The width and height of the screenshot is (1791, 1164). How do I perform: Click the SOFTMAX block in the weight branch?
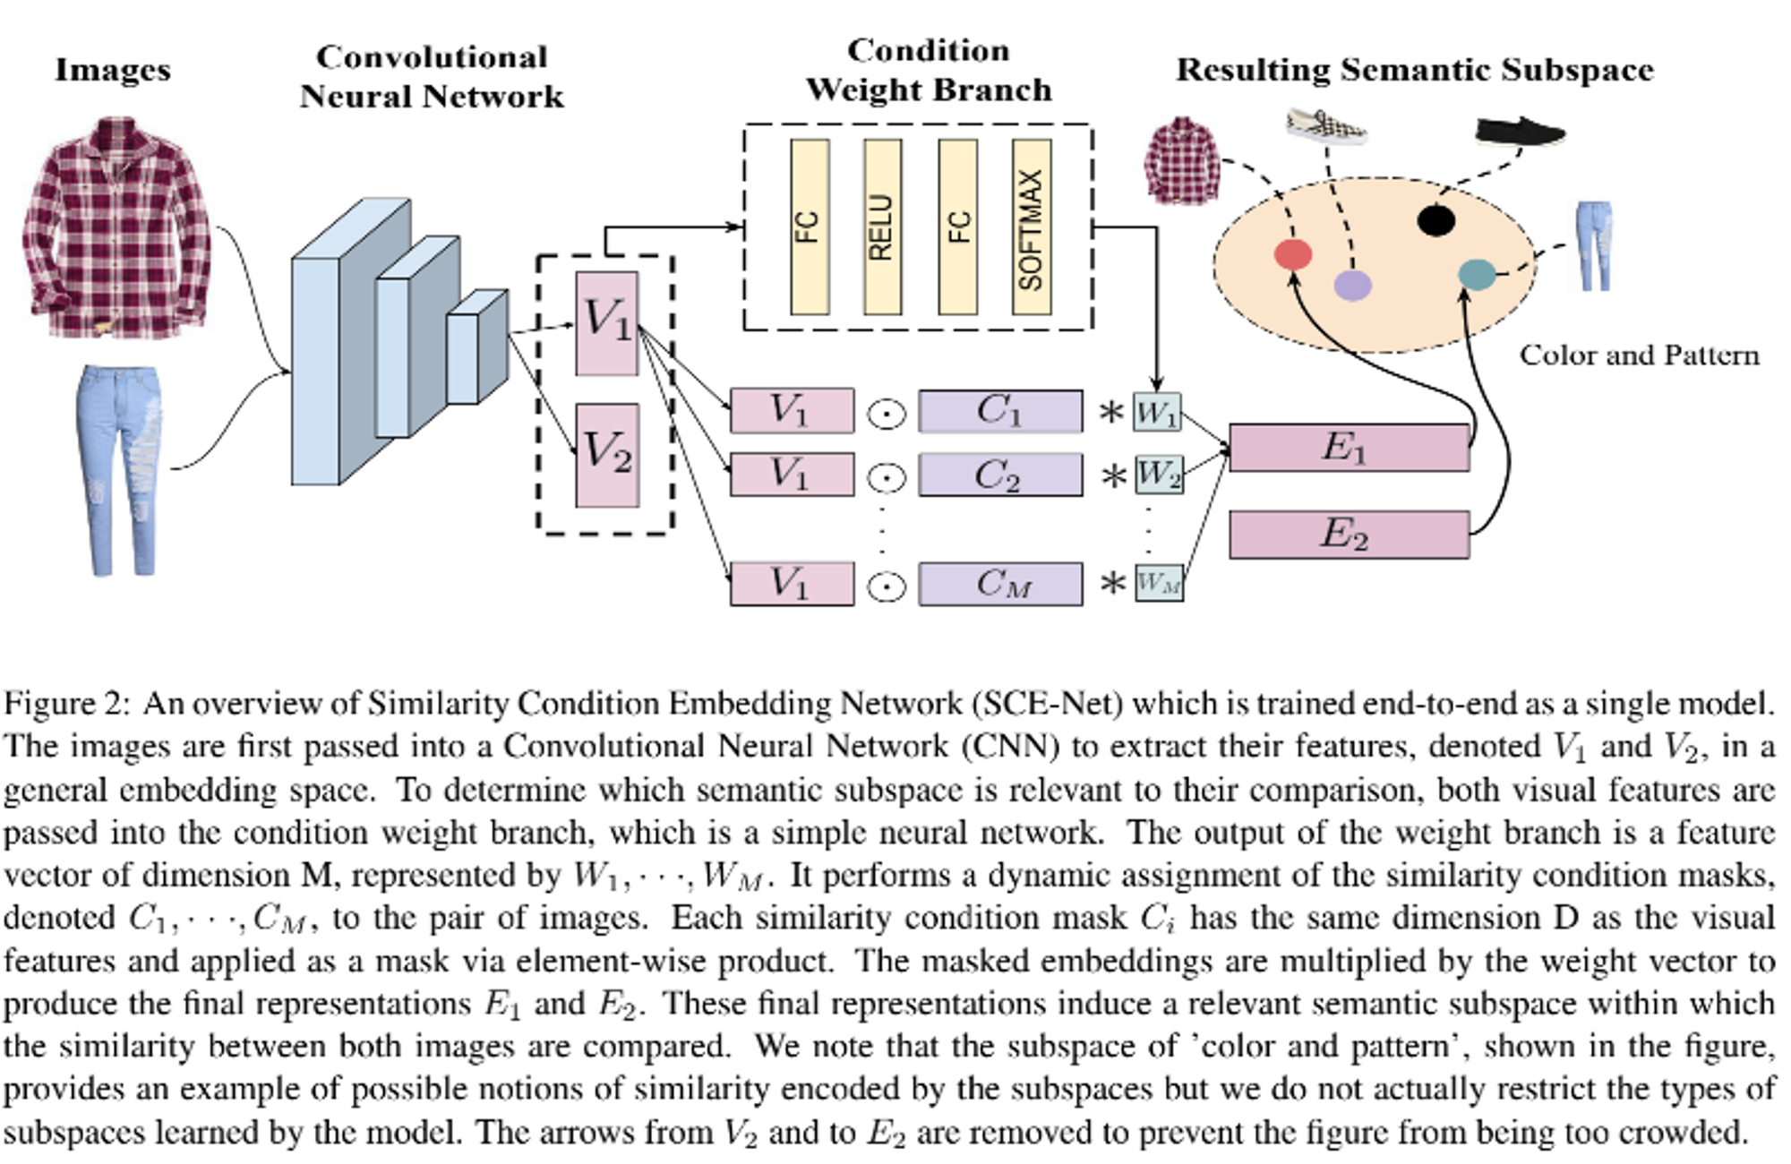(x=1031, y=227)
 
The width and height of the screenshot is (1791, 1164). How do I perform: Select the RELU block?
(x=882, y=227)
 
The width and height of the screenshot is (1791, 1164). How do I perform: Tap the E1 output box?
(x=1349, y=448)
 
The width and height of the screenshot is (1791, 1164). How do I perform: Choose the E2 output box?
(x=1349, y=535)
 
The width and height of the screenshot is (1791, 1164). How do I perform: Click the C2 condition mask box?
(x=1000, y=475)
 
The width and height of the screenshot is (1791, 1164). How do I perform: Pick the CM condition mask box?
(x=1000, y=584)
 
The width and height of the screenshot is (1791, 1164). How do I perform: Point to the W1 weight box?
(x=1157, y=413)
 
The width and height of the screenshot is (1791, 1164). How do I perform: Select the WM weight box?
(x=1159, y=583)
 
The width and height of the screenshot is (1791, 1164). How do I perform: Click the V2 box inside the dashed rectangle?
(x=607, y=455)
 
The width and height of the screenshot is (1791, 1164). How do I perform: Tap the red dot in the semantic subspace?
(x=1292, y=254)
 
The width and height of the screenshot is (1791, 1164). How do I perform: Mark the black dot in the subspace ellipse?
(x=1436, y=219)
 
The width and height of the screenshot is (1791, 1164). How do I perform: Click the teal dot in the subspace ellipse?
(x=1477, y=274)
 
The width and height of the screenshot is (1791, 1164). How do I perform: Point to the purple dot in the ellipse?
(x=1352, y=285)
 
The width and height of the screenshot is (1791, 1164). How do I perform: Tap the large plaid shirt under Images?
(x=116, y=228)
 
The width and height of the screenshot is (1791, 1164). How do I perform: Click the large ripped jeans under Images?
(x=120, y=469)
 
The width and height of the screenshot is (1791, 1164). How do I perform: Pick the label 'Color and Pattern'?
(x=1639, y=355)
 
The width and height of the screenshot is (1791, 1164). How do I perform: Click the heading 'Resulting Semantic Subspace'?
(x=1415, y=70)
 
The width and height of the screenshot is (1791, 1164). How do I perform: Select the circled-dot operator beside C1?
(x=887, y=415)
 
